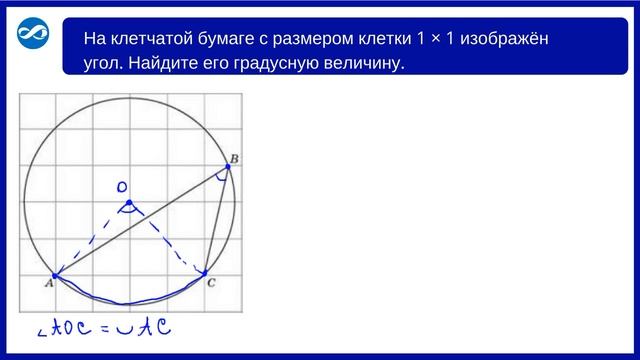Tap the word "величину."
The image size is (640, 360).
pos(367,64)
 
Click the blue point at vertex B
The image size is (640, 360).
pos(228,167)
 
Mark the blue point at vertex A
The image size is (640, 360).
pos(55,276)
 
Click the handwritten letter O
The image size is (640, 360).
pos(121,187)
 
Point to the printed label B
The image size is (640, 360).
pos(234,157)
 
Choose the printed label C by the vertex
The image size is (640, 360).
pos(211,284)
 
